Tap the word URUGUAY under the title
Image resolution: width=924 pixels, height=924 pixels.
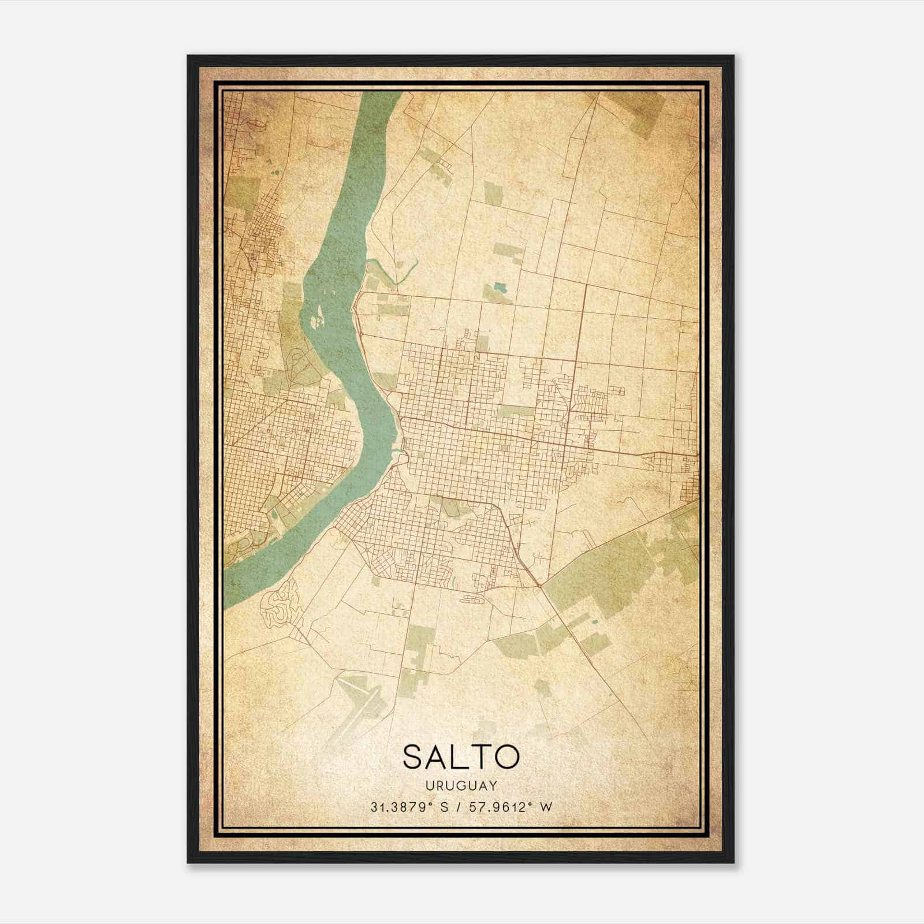point(461,785)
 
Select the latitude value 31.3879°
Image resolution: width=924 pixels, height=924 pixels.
point(402,807)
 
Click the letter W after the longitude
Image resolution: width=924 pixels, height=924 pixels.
point(546,807)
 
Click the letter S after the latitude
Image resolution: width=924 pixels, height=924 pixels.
point(444,807)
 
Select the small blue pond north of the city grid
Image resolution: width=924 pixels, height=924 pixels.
point(499,286)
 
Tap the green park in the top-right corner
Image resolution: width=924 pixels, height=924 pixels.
point(641,113)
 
